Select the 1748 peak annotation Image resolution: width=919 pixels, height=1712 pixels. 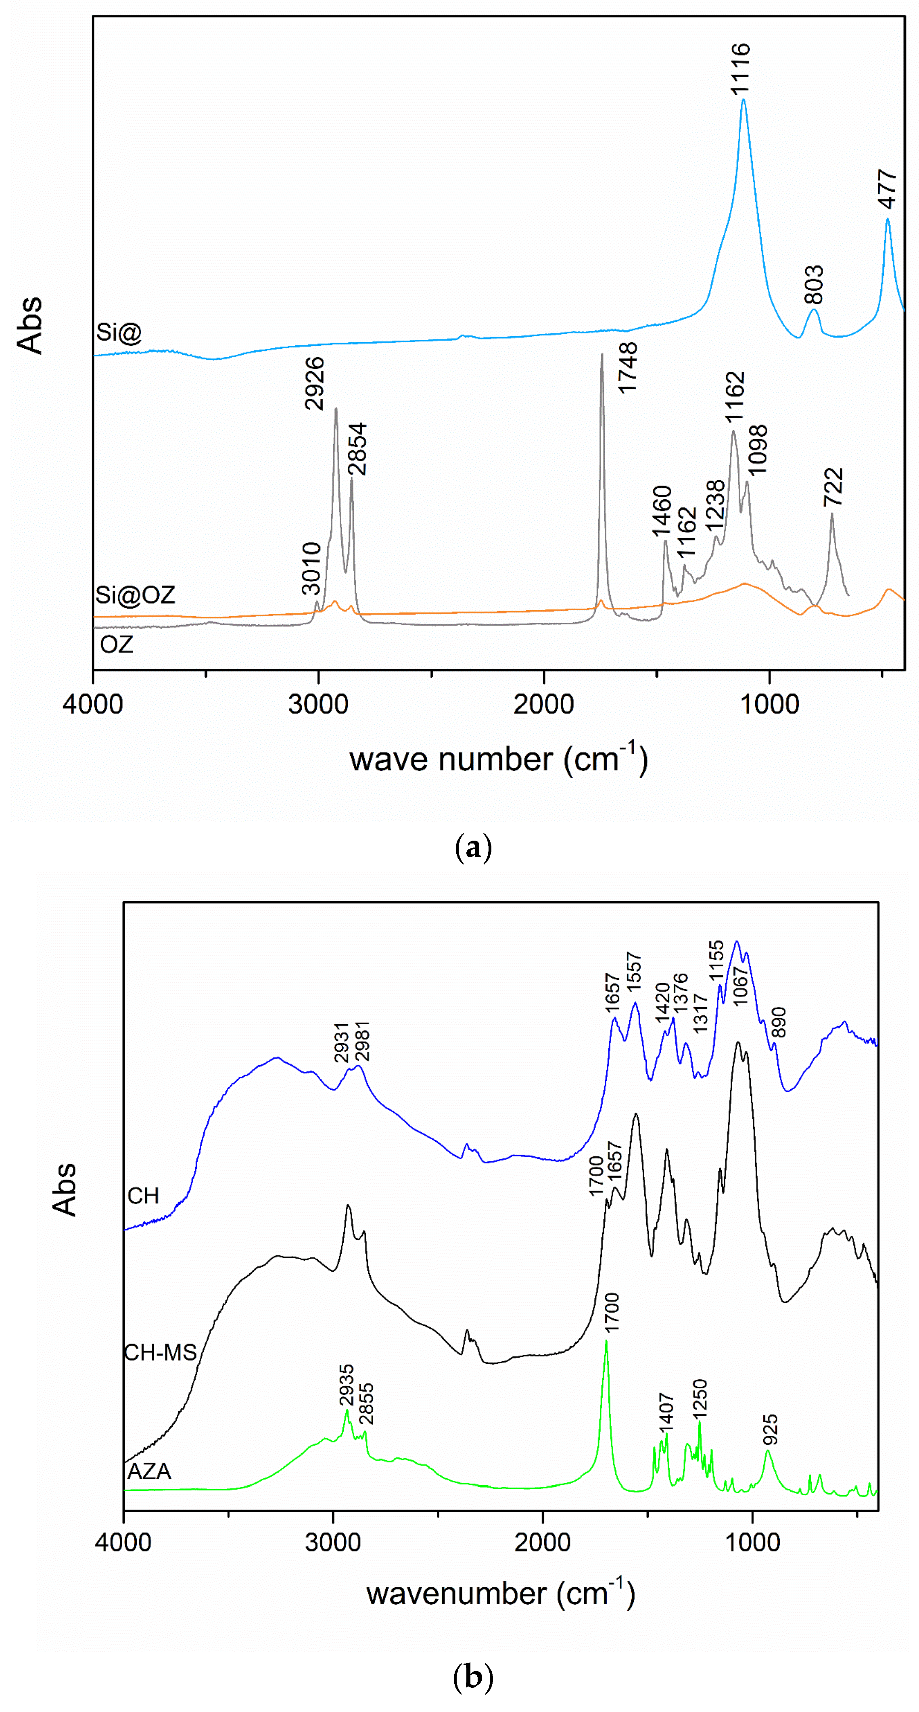(627, 368)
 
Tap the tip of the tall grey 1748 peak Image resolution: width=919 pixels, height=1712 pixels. (602, 354)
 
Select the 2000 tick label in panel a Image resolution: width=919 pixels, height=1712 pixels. (543, 704)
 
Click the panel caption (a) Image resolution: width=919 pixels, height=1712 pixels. (473, 848)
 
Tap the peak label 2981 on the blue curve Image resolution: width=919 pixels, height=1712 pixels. (362, 1041)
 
